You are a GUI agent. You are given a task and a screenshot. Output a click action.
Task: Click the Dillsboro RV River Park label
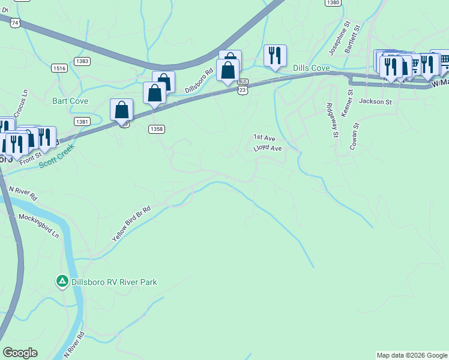pyautogui.click(x=113, y=281)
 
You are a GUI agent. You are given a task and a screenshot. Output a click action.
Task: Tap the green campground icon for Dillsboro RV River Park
pyautogui.click(x=62, y=281)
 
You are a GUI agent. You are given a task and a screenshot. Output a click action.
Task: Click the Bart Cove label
pyautogui.click(x=70, y=101)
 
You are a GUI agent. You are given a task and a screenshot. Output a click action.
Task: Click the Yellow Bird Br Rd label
pyautogui.click(x=131, y=222)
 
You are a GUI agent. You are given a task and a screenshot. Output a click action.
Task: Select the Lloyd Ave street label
pyautogui.click(x=268, y=148)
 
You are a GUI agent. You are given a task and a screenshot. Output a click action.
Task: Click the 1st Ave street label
pyautogui.click(x=264, y=137)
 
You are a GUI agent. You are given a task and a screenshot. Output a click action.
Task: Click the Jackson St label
pyautogui.click(x=375, y=101)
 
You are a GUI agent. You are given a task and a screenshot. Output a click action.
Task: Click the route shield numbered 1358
pyautogui.click(x=157, y=128)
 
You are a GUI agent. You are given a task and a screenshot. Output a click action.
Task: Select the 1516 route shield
pyautogui.click(x=59, y=68)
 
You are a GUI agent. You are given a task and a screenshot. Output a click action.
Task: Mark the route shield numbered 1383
pyautogui.click(x=83, y=61)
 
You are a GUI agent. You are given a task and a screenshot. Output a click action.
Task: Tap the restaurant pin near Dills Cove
pyautogui.click(x=275, y=56)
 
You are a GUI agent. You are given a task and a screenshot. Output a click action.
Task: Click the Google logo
pyautogui.click(x=20, y=353)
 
